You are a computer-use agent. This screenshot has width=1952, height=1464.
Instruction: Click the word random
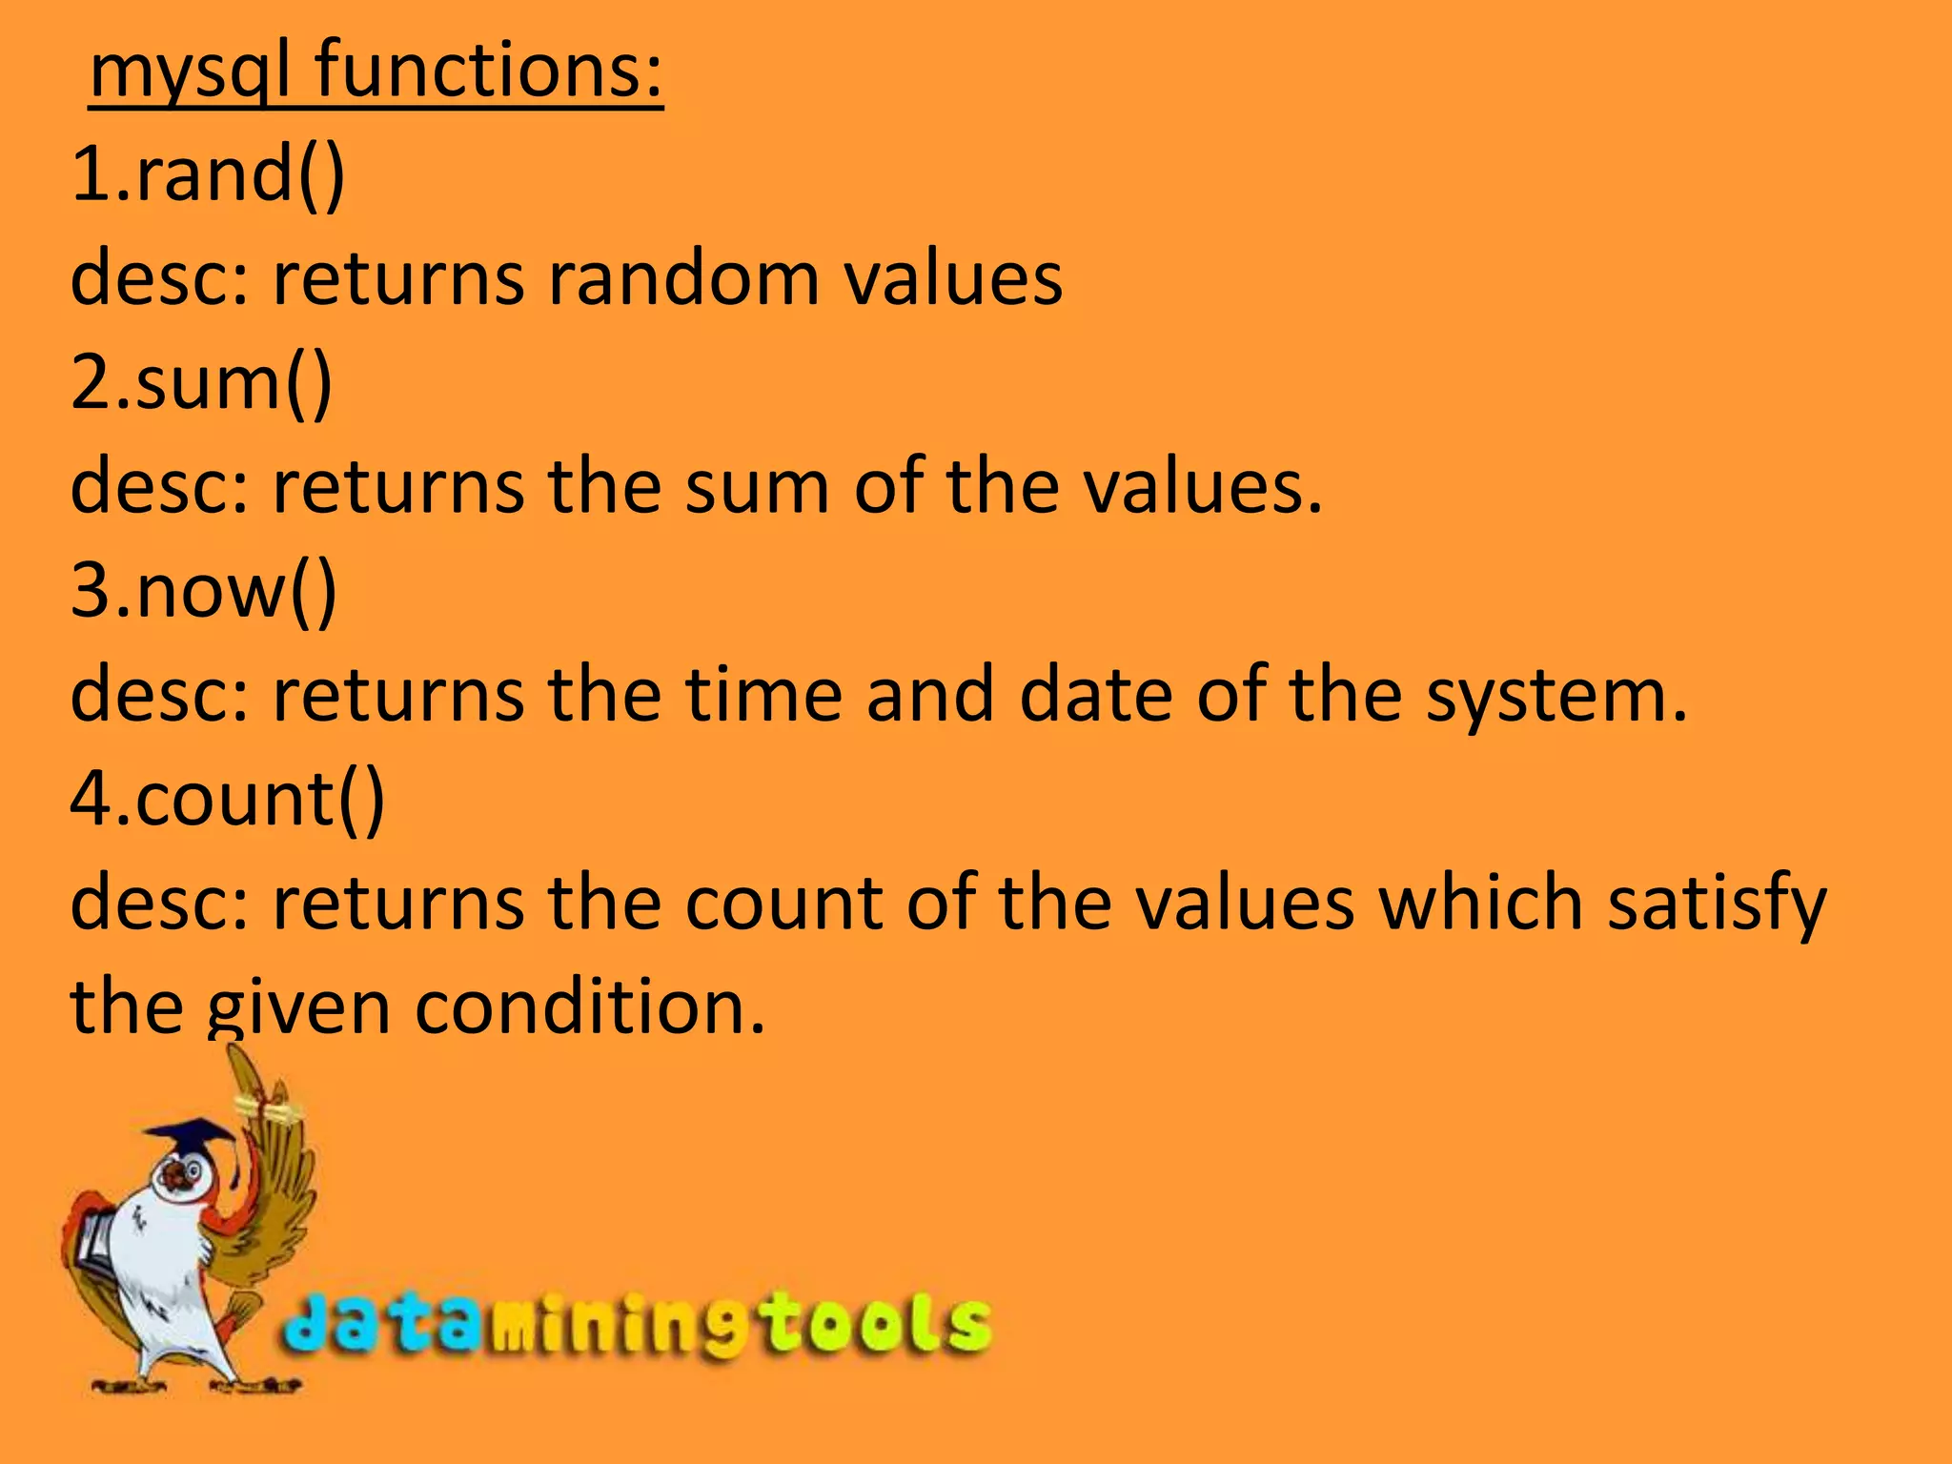[x=682, y=278]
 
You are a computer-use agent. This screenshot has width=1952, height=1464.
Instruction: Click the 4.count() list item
[x=228, y=798]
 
